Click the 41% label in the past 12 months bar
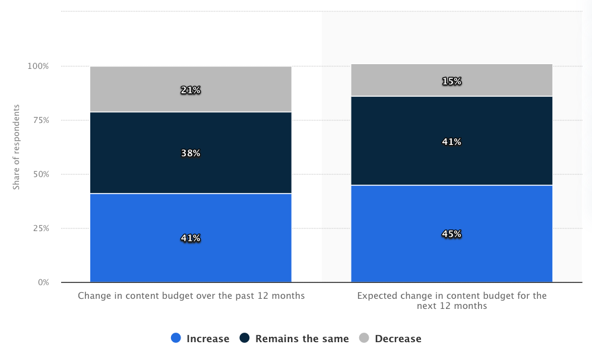[191, 238]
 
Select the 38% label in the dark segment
[191, 153]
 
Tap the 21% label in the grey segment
[191, 90]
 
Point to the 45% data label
[451, 234]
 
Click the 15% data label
[451, 81]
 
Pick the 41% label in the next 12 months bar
[451, 142]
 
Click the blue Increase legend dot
[176, 338]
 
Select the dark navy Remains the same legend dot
[245, 338]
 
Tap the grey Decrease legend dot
[364, 338]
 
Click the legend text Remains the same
[302, 339]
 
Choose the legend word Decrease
[398, 339]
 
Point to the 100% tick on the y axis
[38, 66]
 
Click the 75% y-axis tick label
[40, 120]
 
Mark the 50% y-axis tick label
[40, 174]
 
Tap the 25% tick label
[40, 228]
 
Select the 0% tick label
[43, 282]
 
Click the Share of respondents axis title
[17, 147]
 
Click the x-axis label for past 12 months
[191, 295]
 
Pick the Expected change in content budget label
[451, 301]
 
